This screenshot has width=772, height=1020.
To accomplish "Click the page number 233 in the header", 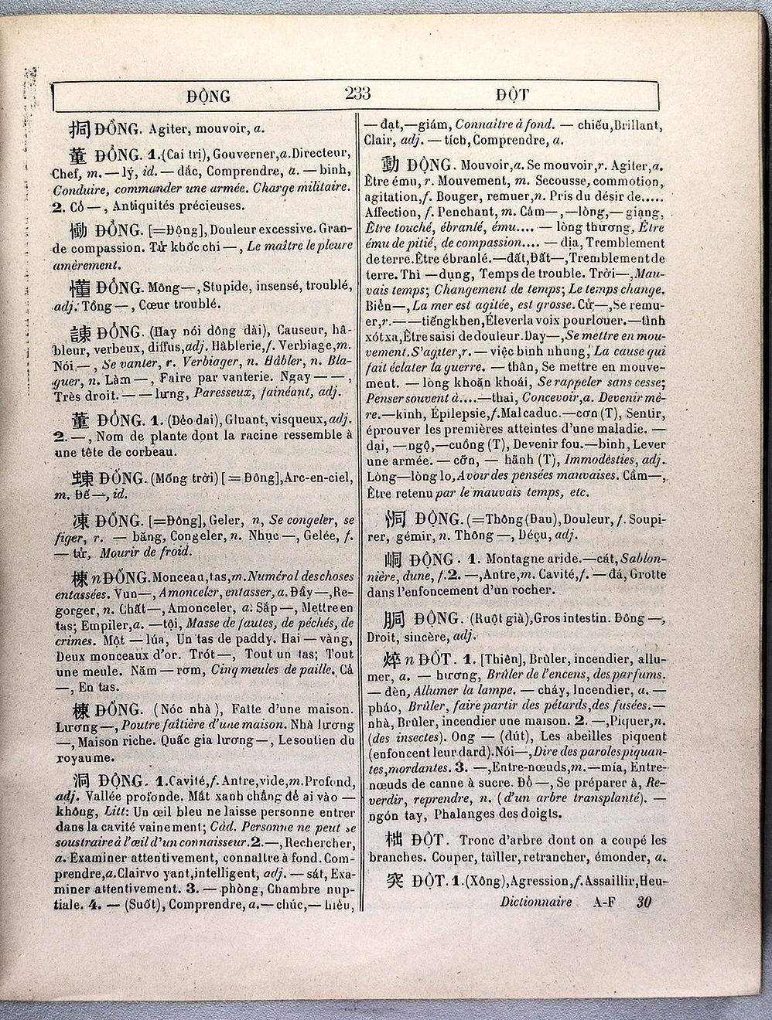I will click(357, 95).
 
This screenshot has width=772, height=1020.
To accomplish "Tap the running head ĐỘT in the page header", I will click(512, 97).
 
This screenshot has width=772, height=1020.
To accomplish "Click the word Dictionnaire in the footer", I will click(535, 902).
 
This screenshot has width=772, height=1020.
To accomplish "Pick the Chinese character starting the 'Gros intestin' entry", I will click(396, 619).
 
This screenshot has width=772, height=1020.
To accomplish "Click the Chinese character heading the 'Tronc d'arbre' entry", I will click(395, 840).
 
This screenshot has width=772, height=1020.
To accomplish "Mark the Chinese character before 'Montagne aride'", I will click(395, 560).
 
